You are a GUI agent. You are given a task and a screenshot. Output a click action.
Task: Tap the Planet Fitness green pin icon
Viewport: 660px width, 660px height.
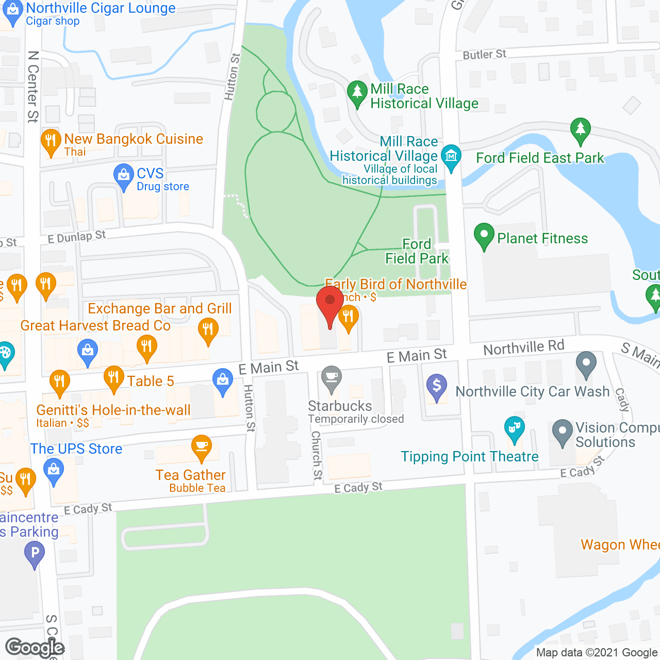coord(484,237)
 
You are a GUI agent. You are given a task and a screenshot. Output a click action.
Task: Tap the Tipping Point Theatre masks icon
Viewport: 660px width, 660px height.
coord(514,430)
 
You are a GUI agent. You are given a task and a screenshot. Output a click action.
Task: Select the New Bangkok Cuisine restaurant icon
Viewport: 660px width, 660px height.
coord(51,142)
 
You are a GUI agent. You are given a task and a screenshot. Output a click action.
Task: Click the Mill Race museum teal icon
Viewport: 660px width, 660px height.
coord(452,157)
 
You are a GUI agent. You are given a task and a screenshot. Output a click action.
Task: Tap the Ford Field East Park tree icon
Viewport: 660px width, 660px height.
coord(581,130)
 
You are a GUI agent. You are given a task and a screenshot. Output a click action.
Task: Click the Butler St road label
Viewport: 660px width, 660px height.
coord(484,54)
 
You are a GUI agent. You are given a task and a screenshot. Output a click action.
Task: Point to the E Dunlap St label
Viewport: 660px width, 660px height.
coord(76,237)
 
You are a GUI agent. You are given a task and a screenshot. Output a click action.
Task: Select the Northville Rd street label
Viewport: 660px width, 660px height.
coord(523,348)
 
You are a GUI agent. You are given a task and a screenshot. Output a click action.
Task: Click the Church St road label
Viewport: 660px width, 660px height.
coord(317,456)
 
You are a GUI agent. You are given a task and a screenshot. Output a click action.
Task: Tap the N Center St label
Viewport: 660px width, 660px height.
coord(33,86)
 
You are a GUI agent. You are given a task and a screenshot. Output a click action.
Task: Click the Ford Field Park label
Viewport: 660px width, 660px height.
coord(417,251)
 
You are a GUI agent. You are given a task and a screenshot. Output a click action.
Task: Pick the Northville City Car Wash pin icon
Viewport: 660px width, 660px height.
coord(586,364)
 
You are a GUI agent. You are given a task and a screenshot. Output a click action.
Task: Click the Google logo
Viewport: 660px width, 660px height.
coord(35,648)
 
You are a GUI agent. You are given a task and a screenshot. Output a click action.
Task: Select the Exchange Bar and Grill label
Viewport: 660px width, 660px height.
coord(159,308)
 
